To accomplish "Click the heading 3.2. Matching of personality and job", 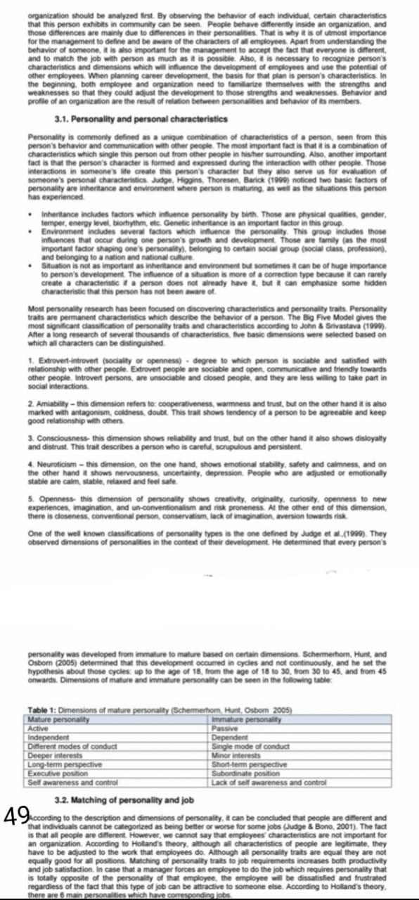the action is click(125, 800).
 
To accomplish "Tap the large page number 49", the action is click(15, 816).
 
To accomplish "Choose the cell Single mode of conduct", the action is click(250, 745).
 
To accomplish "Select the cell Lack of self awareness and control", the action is click(269, 781).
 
